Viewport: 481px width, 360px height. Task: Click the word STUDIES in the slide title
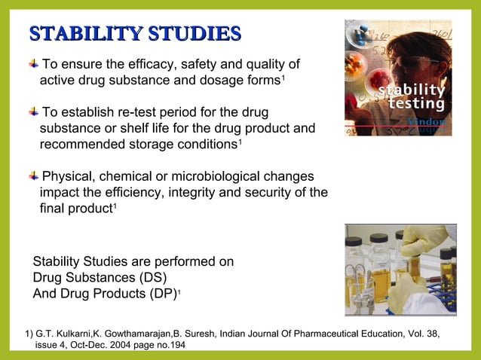tap(195, 35)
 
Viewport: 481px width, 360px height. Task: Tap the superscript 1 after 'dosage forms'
tap(282, 77)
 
